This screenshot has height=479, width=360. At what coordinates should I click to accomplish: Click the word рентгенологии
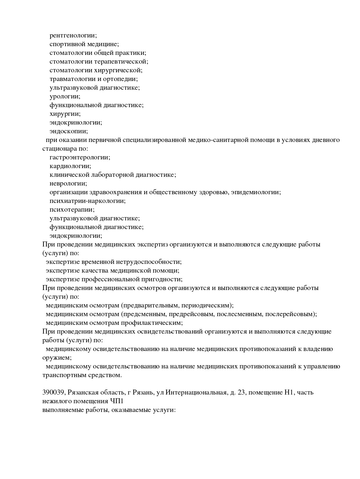tap(73, 35)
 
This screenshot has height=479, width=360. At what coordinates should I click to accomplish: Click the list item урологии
tap(65, 96)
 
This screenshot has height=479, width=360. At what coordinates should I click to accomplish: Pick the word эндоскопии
tap(69, 131)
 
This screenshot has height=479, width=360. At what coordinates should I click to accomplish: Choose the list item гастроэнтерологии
tap(80, 157)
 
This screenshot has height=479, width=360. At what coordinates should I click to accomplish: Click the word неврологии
tap(68, 183)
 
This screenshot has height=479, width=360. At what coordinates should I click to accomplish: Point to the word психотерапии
tap(72, 210)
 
